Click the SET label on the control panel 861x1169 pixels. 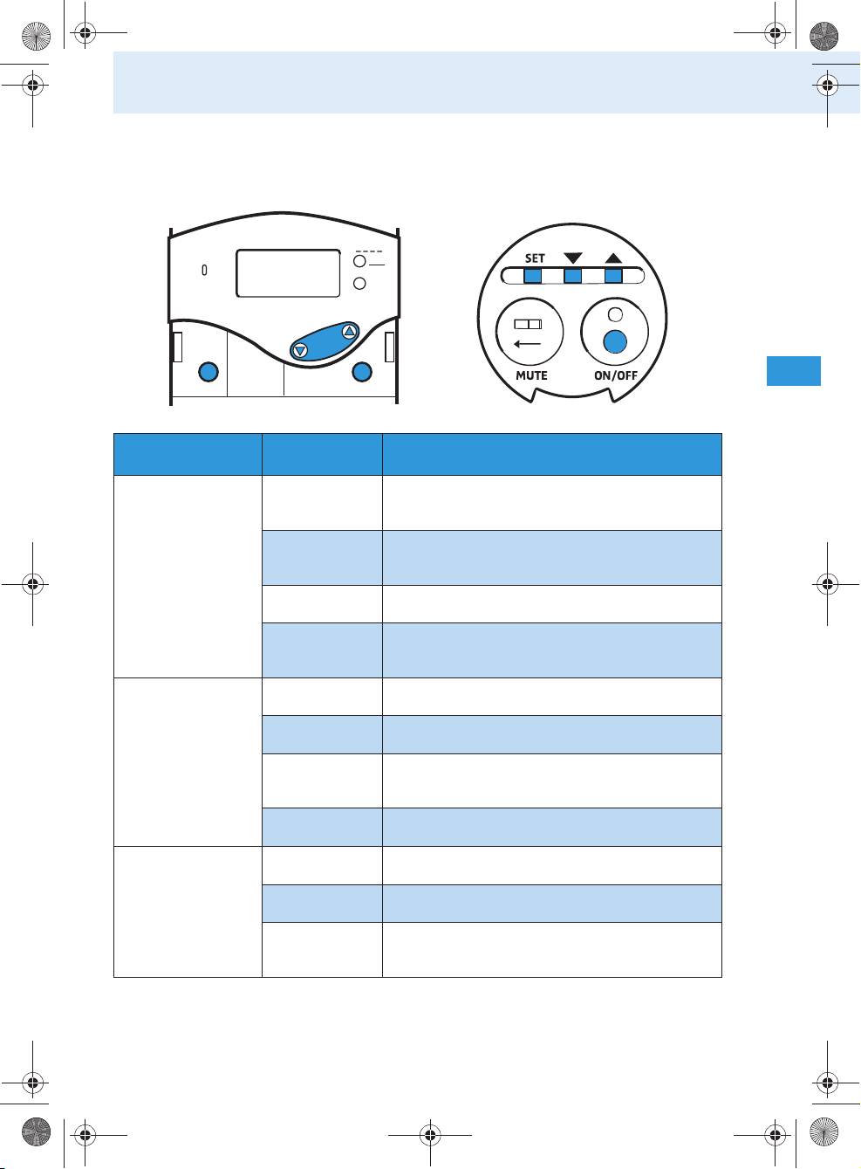point(535,258)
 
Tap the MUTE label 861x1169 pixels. point(531,375)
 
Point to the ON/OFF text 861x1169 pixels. point(615,375)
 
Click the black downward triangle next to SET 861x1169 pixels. point(572,258)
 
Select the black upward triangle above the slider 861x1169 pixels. point(613,258)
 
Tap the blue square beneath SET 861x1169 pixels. point(532,276)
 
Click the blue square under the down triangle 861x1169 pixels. point(572,276)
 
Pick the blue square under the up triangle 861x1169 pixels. point(613,276)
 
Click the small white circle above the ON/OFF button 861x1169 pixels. point(615,314)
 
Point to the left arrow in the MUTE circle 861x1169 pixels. point(527,344)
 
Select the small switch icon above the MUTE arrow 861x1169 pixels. point(529,325)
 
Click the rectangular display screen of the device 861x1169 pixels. point(288,273)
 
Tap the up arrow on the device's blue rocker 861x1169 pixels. point(350,331)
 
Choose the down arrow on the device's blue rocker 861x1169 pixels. point(300,351)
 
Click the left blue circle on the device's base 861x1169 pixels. point(208,372)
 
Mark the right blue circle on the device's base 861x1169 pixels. point(362,372)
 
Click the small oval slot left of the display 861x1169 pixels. point(204,270)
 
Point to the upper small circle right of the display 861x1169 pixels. point(359,261)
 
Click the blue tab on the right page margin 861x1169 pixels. point(793,371)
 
